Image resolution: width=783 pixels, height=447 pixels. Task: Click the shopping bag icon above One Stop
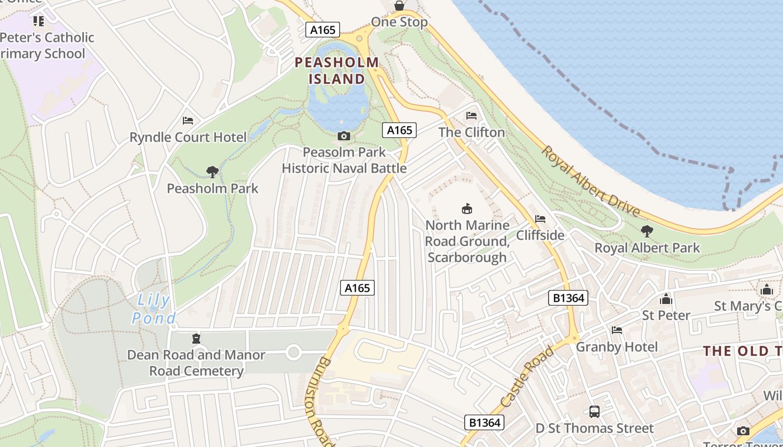click(x=399, y=6)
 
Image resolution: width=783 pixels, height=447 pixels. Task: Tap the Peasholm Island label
click(x=337, y=70)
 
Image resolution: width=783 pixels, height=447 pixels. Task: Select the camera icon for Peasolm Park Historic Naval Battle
click(x=344, y=136)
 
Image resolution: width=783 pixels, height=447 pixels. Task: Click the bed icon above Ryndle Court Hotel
click(x=188, y=121)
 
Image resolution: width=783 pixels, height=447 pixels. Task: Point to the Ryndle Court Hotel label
click(x=188, y=137)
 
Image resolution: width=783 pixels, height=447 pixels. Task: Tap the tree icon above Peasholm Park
click(x=212, y=172)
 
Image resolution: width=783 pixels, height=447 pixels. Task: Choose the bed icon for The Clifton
click(x=471, y=116)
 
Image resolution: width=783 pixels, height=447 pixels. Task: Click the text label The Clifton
click(x=471, y=132)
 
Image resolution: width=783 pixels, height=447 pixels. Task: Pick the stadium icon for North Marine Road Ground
click(x=467, y=209)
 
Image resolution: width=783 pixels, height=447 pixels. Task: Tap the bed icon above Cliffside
click(x=540, y=219)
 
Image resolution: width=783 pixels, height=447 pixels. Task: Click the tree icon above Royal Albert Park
click(x=647, y=231)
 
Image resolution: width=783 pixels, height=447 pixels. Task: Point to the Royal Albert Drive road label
click(x=591, y=181)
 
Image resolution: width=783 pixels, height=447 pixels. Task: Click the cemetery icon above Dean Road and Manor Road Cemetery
click(x=196, y=338)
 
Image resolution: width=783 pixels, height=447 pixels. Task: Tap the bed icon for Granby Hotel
click(x=617, y=330)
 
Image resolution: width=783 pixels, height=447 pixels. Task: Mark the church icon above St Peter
click(x=666, y=299)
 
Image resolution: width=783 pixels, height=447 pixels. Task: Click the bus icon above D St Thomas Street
click(x=595, y=412)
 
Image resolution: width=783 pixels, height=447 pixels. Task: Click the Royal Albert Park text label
click(x=647, y=248)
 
